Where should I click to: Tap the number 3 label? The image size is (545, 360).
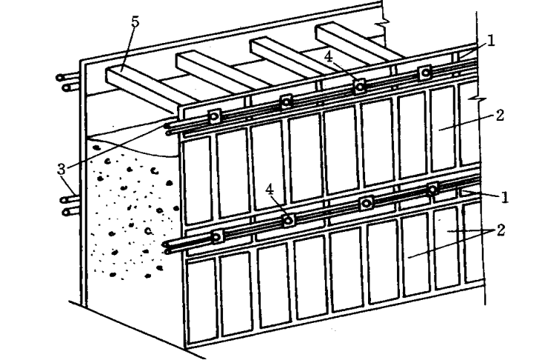click(62, 168)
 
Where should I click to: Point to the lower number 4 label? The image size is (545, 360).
click(270, 190)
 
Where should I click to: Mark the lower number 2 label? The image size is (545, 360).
click(501, 231)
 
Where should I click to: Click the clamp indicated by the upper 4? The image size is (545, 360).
click(360, 86)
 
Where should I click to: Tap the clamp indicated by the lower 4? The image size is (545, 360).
click(290, 220)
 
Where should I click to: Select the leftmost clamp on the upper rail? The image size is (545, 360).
click(215, 116)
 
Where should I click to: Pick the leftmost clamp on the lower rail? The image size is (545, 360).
click(217, 238)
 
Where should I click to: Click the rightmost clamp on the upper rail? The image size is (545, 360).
click(425, 73)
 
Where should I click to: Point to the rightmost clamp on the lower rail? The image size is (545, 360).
click(432, 190)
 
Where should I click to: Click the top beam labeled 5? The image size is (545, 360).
click(141, 83)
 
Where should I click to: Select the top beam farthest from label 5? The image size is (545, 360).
click(355, 41)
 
